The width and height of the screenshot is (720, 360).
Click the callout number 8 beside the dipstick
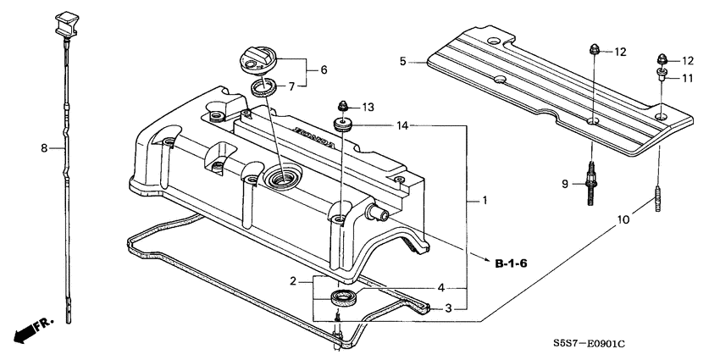[43, 148]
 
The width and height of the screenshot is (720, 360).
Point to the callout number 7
[292, 86]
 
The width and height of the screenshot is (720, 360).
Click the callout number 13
[368, 107]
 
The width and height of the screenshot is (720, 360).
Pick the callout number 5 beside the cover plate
[404, 61]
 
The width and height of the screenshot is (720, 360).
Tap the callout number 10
[623, 219]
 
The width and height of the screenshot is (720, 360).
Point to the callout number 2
[292, 280]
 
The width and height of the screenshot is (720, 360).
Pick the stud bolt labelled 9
[590, 181]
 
